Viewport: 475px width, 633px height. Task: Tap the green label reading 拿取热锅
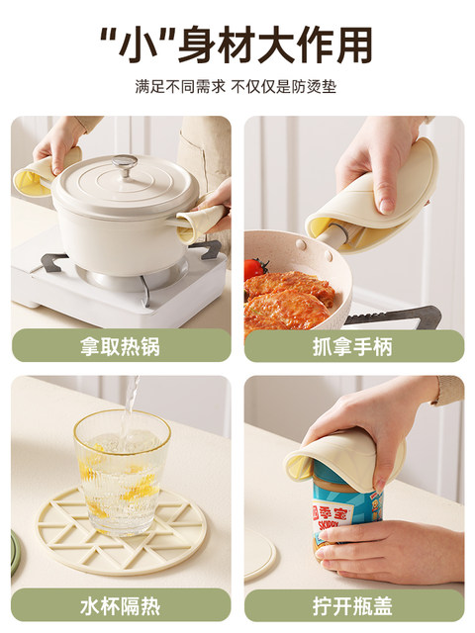pyautogui.click(x=121, y=345)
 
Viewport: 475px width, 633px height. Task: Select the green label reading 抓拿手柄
pyautogui.click(x=354, y=345)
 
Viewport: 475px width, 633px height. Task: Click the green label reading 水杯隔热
pyautogui.click(x=121, y=605)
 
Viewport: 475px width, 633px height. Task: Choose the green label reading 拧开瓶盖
pyautogui.click(x=354, y=605)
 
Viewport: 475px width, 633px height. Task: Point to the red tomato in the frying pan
pyautogui.click(x=255, y=267)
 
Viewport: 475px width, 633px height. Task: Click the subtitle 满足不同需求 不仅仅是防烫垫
pyautogui.click(x=236, y=86)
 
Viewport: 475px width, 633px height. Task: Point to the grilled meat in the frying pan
pyautogui.click(x=289, y=298)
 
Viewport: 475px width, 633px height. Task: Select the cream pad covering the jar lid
pyautogui.click(x=343, y=456)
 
